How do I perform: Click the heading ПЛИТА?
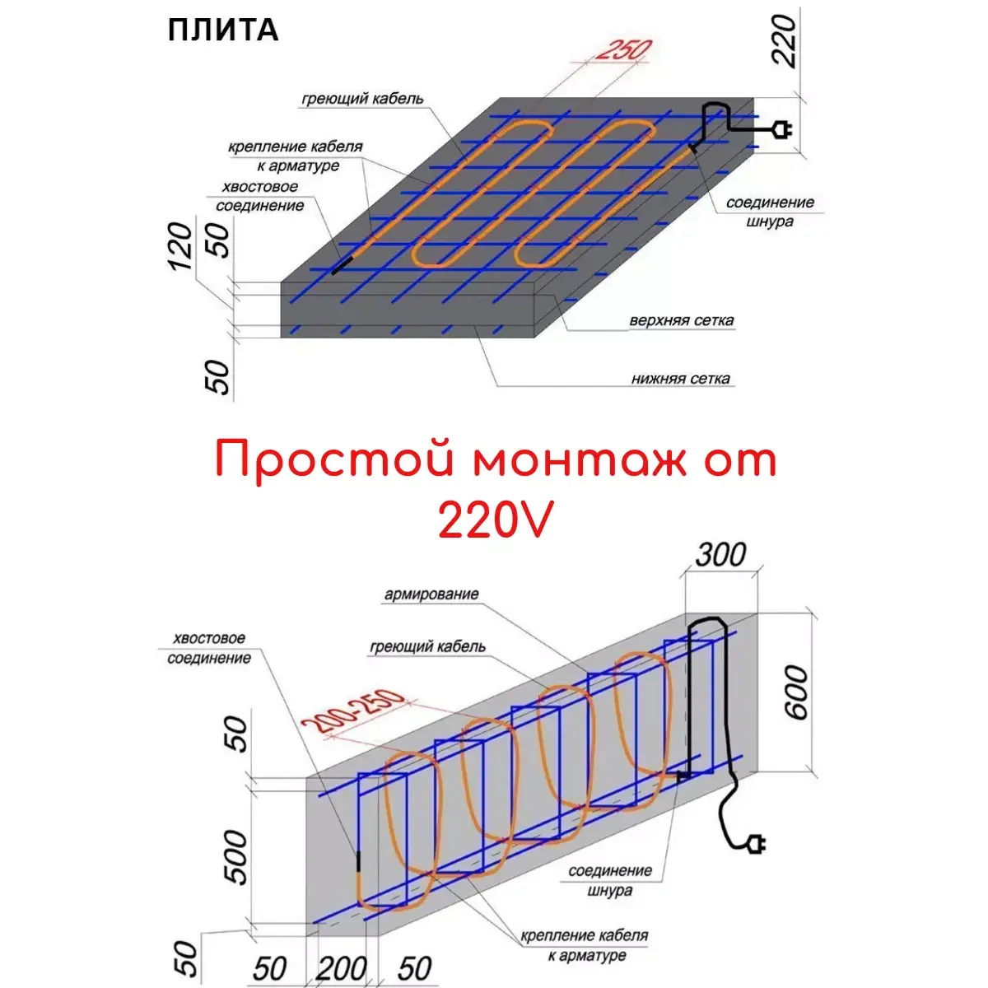(223, 30)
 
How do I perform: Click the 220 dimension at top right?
(785, 40)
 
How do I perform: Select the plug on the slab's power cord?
(782, 129)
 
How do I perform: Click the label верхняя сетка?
(682, 320)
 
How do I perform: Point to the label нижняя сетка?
(680, 379)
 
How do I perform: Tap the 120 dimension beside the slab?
(180, 246)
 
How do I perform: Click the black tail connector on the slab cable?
(342, 266)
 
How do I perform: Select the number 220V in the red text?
(496, 520)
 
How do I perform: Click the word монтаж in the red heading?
(580, 460)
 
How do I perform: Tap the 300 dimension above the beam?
(720, 554)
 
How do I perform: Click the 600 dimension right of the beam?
(796, 692)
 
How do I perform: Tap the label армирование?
(431, 594)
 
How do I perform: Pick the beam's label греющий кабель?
(427, 646)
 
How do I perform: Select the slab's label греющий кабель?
(362, 98)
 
